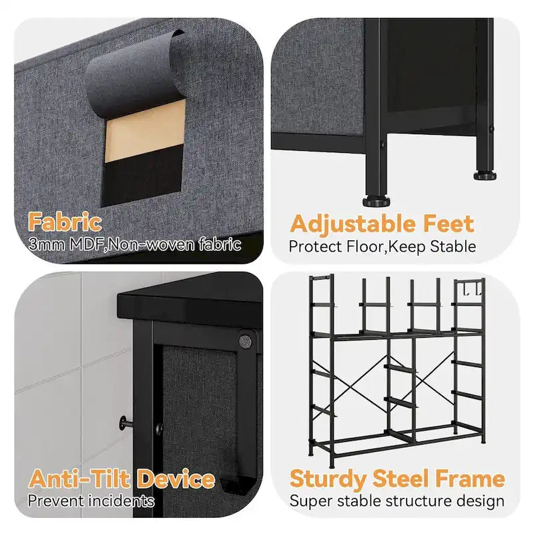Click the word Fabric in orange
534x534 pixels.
[65, 222]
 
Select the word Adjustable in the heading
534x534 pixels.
[353, 225]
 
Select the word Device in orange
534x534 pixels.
[176, 479]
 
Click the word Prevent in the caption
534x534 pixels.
[56, 501]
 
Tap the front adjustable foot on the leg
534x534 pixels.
[376, 202]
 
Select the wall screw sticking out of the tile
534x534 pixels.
[126, 423]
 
